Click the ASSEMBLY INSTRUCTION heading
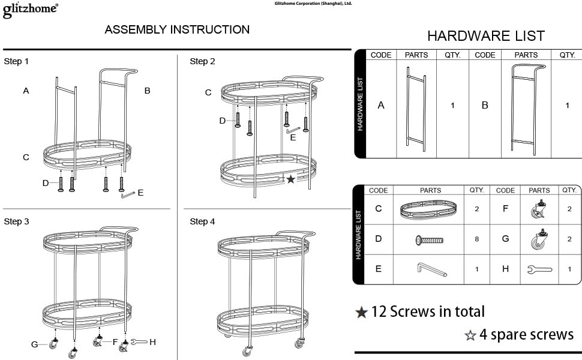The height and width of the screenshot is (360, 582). click(177, 29)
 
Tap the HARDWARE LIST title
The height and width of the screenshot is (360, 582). click(486, 36)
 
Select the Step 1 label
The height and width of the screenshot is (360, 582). click(16, 61)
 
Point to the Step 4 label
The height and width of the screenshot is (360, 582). click(202, 221)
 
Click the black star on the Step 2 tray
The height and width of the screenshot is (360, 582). click(290, 179)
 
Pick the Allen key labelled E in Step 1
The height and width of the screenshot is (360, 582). click(128, 194)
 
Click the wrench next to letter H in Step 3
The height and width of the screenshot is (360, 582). click(139, 342)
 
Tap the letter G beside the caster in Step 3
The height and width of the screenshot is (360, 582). click(35, 344)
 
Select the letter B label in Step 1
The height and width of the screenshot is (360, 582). click(148, 91)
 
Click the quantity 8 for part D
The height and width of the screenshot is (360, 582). click(476, 239)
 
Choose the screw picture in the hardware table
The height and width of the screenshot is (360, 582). click(430, 240)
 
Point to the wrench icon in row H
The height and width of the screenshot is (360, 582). click(539, 269)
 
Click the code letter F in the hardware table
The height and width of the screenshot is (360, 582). click(505, 209)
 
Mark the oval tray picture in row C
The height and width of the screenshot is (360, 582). click(428, 209)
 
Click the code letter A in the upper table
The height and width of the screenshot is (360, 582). click(381, 106)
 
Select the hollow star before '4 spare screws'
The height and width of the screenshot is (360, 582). click(470, 335)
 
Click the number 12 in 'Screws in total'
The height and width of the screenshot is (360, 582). click(379, 312)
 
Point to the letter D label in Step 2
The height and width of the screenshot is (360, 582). click(223, 121)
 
